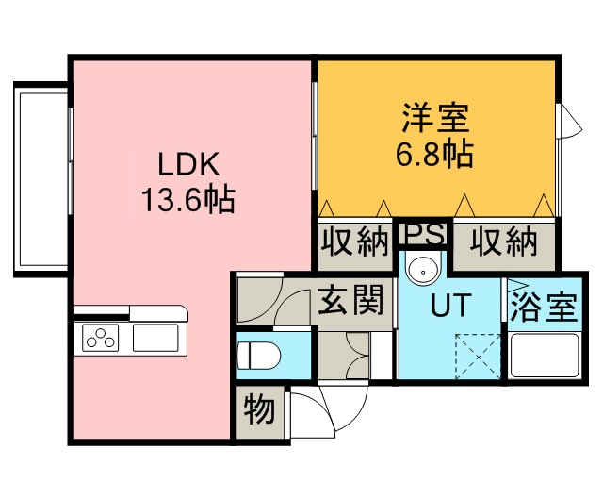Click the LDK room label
[188, 164]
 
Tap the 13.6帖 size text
[188, 199]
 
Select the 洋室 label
[435, 118]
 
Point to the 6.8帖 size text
[434, 154]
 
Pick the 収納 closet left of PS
[354, 241]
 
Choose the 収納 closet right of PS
[503, 241]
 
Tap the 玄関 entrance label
[350, 300]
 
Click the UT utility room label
[450, 305]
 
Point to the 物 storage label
[260, 409]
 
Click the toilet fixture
[258, 356]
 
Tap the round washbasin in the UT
[423, 269]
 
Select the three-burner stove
[101, 338]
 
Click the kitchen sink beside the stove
[155, 338]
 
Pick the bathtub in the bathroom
[545, 356]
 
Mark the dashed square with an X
[478, 357]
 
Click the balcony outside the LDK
[41, 179]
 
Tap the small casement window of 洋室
[568, 122]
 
